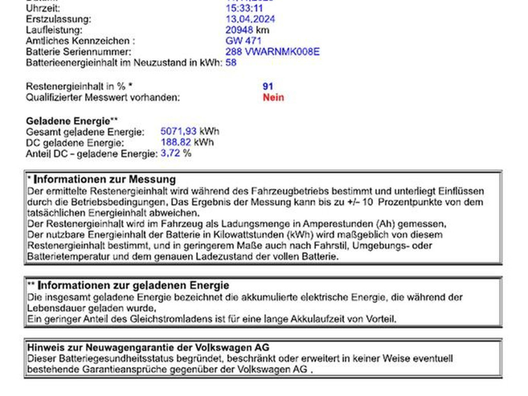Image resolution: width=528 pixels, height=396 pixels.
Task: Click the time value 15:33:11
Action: (x=244, y=8)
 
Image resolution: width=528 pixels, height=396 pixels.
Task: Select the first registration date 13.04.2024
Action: (x=250, y=19)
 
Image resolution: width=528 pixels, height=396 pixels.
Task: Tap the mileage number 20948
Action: (x=239, y=30)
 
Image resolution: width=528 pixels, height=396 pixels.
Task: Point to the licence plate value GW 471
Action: (x=243, y=41)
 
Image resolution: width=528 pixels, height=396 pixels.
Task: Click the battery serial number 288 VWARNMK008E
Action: (x=272, y=52)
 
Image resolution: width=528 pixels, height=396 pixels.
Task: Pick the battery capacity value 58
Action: (x=231, y=63)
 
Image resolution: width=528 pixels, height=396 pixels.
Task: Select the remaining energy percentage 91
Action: (x=268, y=86)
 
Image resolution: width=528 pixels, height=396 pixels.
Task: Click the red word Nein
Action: (x=273, y=97)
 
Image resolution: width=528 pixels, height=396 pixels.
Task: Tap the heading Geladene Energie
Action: (x=68, y=121)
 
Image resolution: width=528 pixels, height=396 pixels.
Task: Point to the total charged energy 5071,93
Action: (x=178, y=131)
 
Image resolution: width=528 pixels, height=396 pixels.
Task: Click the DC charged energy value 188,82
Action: (x=176, y=142)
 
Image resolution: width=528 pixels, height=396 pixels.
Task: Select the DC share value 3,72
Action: (x=171, y=153)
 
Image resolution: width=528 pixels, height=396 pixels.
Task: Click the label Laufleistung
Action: (x=54, y=30)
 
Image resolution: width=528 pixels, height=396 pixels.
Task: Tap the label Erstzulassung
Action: (x=58, y=19)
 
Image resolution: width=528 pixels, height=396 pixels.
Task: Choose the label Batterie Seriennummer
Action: (x=78, y=52)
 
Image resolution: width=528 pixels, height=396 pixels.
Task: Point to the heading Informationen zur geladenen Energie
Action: (x=134, y=286)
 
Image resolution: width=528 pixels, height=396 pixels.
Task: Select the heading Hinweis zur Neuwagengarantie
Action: (x=148, y=348)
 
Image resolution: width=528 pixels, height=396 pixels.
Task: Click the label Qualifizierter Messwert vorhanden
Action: (x=103, y=97)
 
